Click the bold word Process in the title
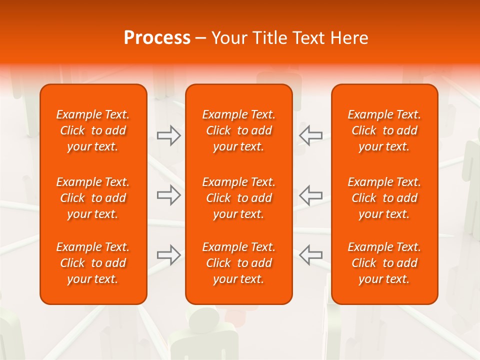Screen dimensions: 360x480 pos(157,38)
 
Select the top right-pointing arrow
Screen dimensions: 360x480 pos(169,135)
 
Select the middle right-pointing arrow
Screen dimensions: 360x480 pos(169,195)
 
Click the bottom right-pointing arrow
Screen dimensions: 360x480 pos(169,254)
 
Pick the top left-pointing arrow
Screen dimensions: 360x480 pos(310,135)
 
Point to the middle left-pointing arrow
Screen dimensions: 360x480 pos(310,195)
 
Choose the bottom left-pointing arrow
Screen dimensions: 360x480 pos(310,254)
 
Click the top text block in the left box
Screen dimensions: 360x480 pos(93,130)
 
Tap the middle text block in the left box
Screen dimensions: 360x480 pos(93,198)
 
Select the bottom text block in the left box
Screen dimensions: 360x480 pos(93,263)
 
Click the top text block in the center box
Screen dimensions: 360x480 pos(238,130)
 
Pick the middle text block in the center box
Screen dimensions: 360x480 pos(238,198)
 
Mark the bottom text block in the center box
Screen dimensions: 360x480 pos(238,263)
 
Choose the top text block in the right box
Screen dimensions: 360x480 pos(384,130)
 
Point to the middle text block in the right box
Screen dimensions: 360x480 pos(384,198)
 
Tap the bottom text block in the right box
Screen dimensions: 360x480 pos(384,263)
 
